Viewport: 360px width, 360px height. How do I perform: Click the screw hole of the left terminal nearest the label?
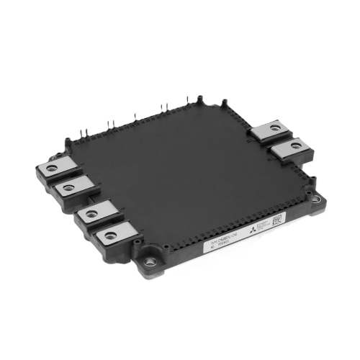(x=110, y=234)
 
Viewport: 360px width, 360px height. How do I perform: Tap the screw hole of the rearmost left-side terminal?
(x=50, y=167)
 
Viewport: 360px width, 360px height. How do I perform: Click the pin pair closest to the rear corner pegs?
(x=163, y=108)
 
